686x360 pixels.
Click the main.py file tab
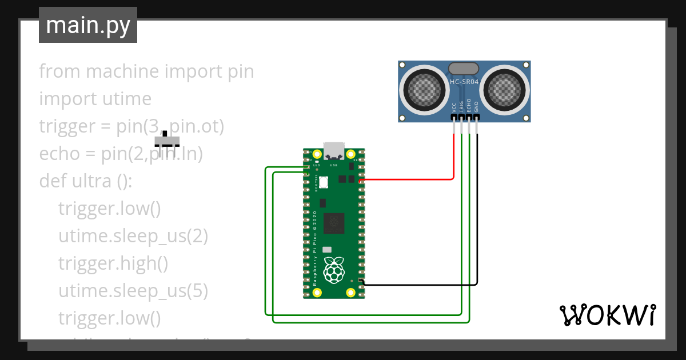coord(87,25)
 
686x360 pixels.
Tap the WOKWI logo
coord(607,315)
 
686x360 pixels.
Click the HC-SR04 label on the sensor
coord(464,82)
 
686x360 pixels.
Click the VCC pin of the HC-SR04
coord(454,118)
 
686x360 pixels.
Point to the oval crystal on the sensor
coord(464,69)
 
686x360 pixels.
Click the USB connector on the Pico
coord(334,151)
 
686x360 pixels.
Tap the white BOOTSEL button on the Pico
coord(323,182)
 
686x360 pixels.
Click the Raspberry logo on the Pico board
coord(334,270)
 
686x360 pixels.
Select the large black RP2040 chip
coord(334,223)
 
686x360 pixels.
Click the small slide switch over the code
coord(167,140)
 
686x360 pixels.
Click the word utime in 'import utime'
coord(126,99)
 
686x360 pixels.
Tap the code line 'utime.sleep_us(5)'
coord(133,291)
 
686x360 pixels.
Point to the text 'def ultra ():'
coord(86,181)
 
